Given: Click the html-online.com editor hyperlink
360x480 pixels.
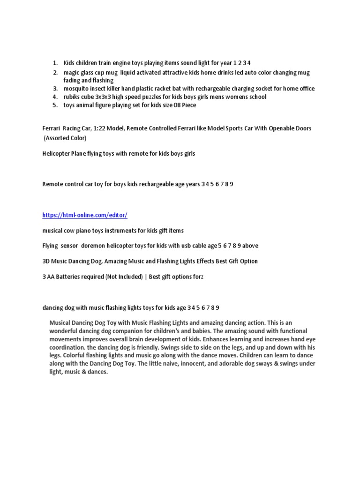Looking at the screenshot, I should (x=84, y=215).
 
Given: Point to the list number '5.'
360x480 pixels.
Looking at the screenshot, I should (x=55, y=105).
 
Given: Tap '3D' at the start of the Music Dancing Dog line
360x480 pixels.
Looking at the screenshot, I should (x=46, y=261).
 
